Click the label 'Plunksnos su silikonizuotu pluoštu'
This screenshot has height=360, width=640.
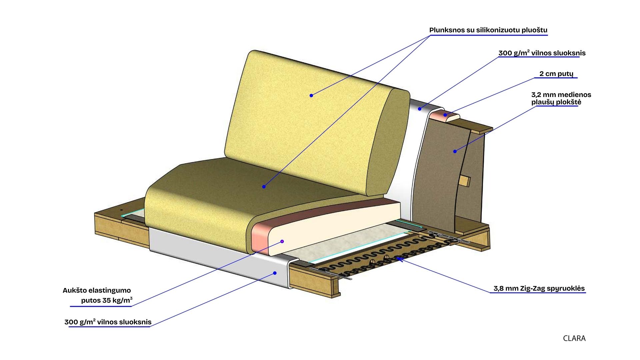[488, 30]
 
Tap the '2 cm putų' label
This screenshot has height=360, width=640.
[556, 74]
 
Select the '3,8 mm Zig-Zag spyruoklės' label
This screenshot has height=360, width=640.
[539, 288]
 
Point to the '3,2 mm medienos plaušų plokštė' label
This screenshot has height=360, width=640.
[561, 98]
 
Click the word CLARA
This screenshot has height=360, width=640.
[574, 338]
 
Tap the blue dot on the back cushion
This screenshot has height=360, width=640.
[311, 96]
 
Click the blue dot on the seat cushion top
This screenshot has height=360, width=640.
[264, 187]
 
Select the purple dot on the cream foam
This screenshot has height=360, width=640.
[282, 241]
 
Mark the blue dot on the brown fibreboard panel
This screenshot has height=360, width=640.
[455, 151]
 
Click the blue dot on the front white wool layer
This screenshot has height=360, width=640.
[275, 273]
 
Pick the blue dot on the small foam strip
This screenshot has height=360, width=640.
[445, 115]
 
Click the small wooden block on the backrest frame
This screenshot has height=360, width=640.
[464, 181]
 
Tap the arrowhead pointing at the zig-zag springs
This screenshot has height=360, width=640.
[399, 258]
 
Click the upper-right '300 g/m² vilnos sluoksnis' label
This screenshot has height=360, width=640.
[542, 53]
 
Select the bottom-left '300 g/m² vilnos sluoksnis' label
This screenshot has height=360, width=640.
[108, 322]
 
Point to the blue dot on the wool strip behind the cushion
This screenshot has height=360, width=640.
[420, 109]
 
